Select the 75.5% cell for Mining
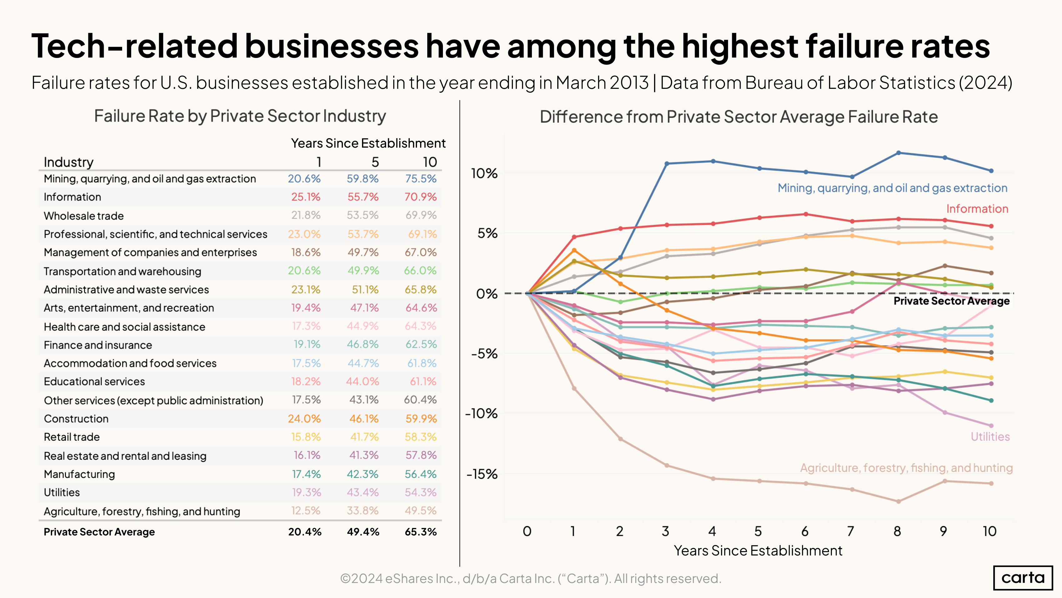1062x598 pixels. tap(420, 179)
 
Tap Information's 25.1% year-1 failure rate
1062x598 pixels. tap(305, 197)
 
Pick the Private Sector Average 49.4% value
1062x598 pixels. tap(363, 532)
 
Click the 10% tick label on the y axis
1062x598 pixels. tap(484, 173)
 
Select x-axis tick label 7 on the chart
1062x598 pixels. tap(851, 531)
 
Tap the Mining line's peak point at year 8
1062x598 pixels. tap(898, 153)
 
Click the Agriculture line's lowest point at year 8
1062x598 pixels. tap(898, 501)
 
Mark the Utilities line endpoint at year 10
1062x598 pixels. tap(991, 425)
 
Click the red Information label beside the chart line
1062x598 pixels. tap(977, 209)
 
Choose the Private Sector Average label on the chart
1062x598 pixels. tap(951, 301)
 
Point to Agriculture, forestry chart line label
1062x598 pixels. tap(906, 468)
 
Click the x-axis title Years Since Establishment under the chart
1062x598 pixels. tap(758, 550)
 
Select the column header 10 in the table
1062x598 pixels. tap(429, 162)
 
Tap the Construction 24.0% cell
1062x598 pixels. tap(304, 418)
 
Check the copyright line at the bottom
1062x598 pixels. tap(531, 579)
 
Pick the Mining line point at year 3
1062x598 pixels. tap(667, 164)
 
